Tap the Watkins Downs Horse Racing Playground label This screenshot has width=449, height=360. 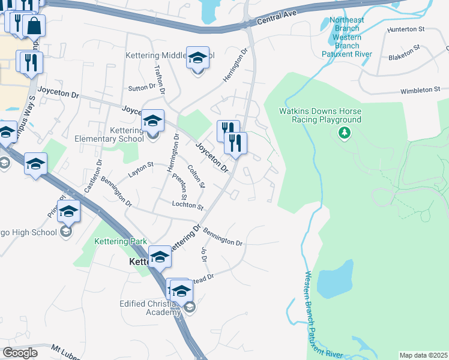pyautogui.click(x=321, y=115)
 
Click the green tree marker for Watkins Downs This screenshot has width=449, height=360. pyautogui.click(x=344, y=132)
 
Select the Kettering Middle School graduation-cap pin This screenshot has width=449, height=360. pyautogui.click(x=197, y=58)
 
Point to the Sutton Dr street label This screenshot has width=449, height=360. pyautogui.click(x=142, y=89)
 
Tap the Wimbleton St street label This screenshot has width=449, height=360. pyautogui.click(x=421, y=90)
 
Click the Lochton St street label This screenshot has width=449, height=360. pyautogui.click(x=188, y=205)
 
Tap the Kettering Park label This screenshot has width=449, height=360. pyautogui.click(x=121, y=241)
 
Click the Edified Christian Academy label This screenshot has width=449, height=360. pyautogui.click(x=149, y=308)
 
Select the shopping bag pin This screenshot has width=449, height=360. pyautogui.click(x=34, y=27)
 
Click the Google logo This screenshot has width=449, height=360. pyautogui.click(x=19, y=352)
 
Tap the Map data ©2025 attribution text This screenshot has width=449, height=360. pyautogui.click(x=423, y=355)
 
